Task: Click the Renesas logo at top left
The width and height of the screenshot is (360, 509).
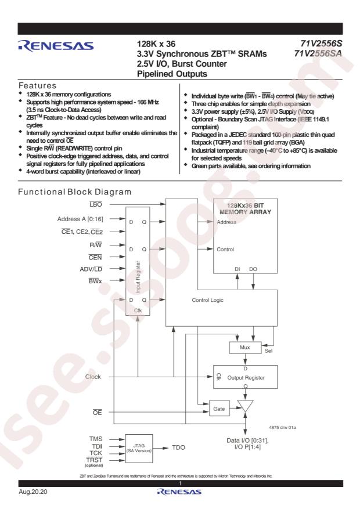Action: point(56,46)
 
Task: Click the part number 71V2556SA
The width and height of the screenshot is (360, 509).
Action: point(318,53)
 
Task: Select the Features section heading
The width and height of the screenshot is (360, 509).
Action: point(37,85)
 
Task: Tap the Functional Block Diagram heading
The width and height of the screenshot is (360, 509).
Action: point(75,192)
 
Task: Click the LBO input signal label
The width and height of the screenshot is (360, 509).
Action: point(96,204)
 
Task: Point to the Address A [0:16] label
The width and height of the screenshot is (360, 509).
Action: point(80,219)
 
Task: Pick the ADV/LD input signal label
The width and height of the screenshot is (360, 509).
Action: point(91,269)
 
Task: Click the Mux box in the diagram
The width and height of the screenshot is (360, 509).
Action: point(245,348)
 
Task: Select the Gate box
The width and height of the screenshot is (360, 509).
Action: point(219,409)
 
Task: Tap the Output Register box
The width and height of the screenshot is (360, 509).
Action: point(245,377)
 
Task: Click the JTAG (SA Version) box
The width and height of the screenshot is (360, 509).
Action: point(139,449)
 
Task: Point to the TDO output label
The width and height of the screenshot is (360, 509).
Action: point(178,447)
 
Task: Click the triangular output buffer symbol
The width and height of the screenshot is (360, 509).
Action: point(245,406)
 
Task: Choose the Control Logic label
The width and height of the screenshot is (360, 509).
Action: point(207,300)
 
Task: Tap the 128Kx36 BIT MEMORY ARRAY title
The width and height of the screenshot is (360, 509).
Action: point(246,208)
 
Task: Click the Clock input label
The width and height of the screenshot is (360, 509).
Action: point(93,377)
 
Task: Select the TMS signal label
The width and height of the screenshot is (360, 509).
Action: point(96,439)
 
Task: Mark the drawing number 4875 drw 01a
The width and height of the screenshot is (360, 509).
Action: point(282,428)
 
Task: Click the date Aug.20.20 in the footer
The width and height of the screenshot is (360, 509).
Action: point(33,492)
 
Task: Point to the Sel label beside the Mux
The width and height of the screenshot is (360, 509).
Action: point(268,351)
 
